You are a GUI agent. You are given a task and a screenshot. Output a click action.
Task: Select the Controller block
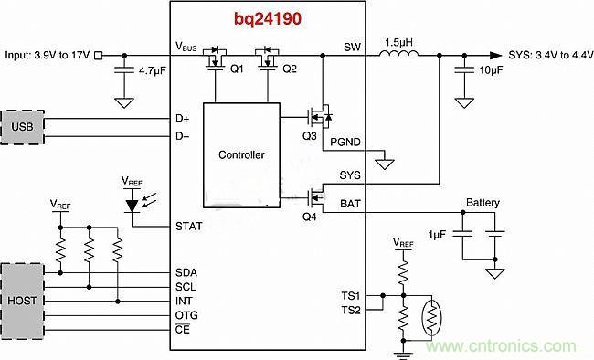(241, 155)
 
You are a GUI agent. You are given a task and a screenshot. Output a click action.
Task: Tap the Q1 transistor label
(235, 68)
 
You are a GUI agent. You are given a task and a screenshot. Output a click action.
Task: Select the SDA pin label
(186, 272)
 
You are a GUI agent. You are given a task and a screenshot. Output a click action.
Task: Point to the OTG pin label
(186, 315)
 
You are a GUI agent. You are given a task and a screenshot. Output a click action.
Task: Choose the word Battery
(483, 203)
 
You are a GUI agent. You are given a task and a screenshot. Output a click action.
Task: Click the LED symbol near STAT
(133, 205)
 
